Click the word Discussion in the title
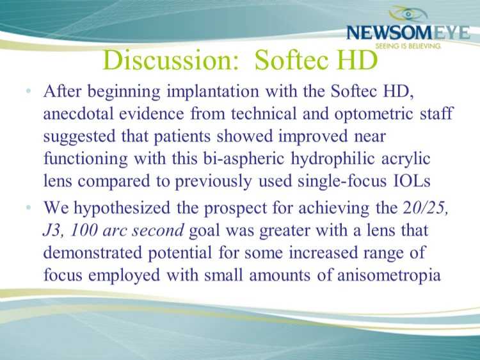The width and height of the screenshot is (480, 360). tap(170, 60)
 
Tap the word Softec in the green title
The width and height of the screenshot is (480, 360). tap(290, 60)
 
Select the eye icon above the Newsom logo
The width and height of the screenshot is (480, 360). tap(408, 14)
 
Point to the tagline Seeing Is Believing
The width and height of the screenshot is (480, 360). tap(408, 46)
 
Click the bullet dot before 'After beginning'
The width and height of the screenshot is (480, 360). tap(28, 91)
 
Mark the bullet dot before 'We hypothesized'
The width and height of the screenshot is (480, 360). tap(28, 208)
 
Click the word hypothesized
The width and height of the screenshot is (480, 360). tap(122, 209)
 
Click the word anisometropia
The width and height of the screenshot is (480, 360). tap(389, 275)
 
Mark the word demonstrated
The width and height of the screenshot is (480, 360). tap(92, 253)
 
